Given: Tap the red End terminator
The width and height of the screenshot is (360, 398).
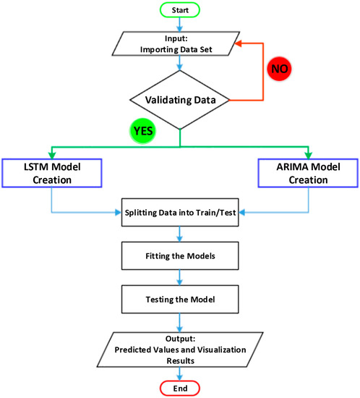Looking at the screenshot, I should pos(180,387).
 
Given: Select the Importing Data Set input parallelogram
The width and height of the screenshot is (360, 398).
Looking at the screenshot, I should pos(180,43).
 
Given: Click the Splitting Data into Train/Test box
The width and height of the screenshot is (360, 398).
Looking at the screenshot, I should pos(180,213).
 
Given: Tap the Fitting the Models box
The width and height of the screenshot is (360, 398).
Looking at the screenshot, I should pos(180,255).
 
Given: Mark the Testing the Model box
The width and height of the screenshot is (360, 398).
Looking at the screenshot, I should pos(180,297).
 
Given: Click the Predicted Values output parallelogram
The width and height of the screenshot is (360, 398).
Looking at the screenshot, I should pos(180,347).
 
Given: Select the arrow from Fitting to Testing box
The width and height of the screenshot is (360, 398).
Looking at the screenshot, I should pos(180,276).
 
